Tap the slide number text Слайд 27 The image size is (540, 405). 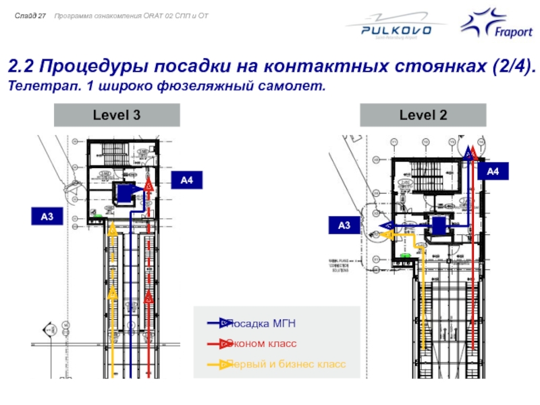[31, 15]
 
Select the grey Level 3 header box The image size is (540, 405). [117, 115]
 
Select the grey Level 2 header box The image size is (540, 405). [423, 115]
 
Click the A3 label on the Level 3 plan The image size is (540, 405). [47, 217]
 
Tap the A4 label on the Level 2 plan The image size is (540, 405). [493, 172]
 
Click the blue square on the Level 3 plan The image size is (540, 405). [126, 193]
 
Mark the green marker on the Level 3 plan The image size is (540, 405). [98, 216]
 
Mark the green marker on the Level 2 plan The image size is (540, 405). [405, 256]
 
